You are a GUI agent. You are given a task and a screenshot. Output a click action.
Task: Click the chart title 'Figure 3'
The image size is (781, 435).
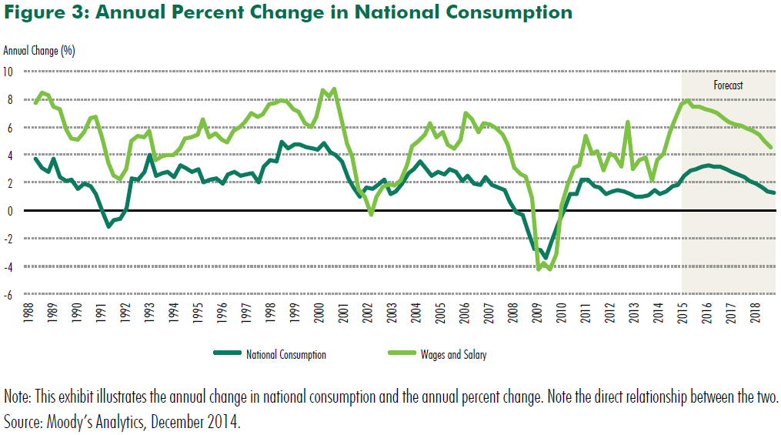(289, 12)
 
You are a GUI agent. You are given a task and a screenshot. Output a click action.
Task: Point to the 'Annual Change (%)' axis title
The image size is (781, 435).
(39, 51)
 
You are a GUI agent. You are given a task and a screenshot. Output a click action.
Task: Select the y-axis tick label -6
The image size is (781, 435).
(9, 294)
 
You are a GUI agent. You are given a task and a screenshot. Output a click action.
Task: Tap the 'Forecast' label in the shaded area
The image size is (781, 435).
(728, 85)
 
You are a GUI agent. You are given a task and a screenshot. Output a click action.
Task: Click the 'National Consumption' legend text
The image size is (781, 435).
(286, 355)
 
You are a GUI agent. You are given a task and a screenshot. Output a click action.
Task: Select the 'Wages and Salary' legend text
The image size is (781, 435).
(453, 355)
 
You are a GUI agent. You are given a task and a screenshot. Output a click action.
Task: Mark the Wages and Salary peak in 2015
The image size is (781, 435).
(686, 100)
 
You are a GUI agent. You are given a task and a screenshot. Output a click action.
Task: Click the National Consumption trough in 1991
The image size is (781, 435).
(108, 226)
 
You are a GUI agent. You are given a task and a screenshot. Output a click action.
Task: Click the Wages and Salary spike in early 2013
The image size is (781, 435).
(628, 122)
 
